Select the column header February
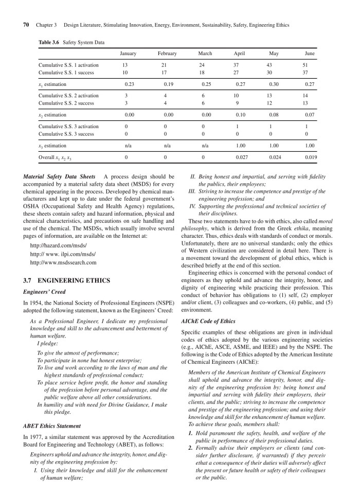click(167, 54)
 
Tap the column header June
click(310, 54)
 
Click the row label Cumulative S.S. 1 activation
click(68, 65)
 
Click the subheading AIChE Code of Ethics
click(208, 321)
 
